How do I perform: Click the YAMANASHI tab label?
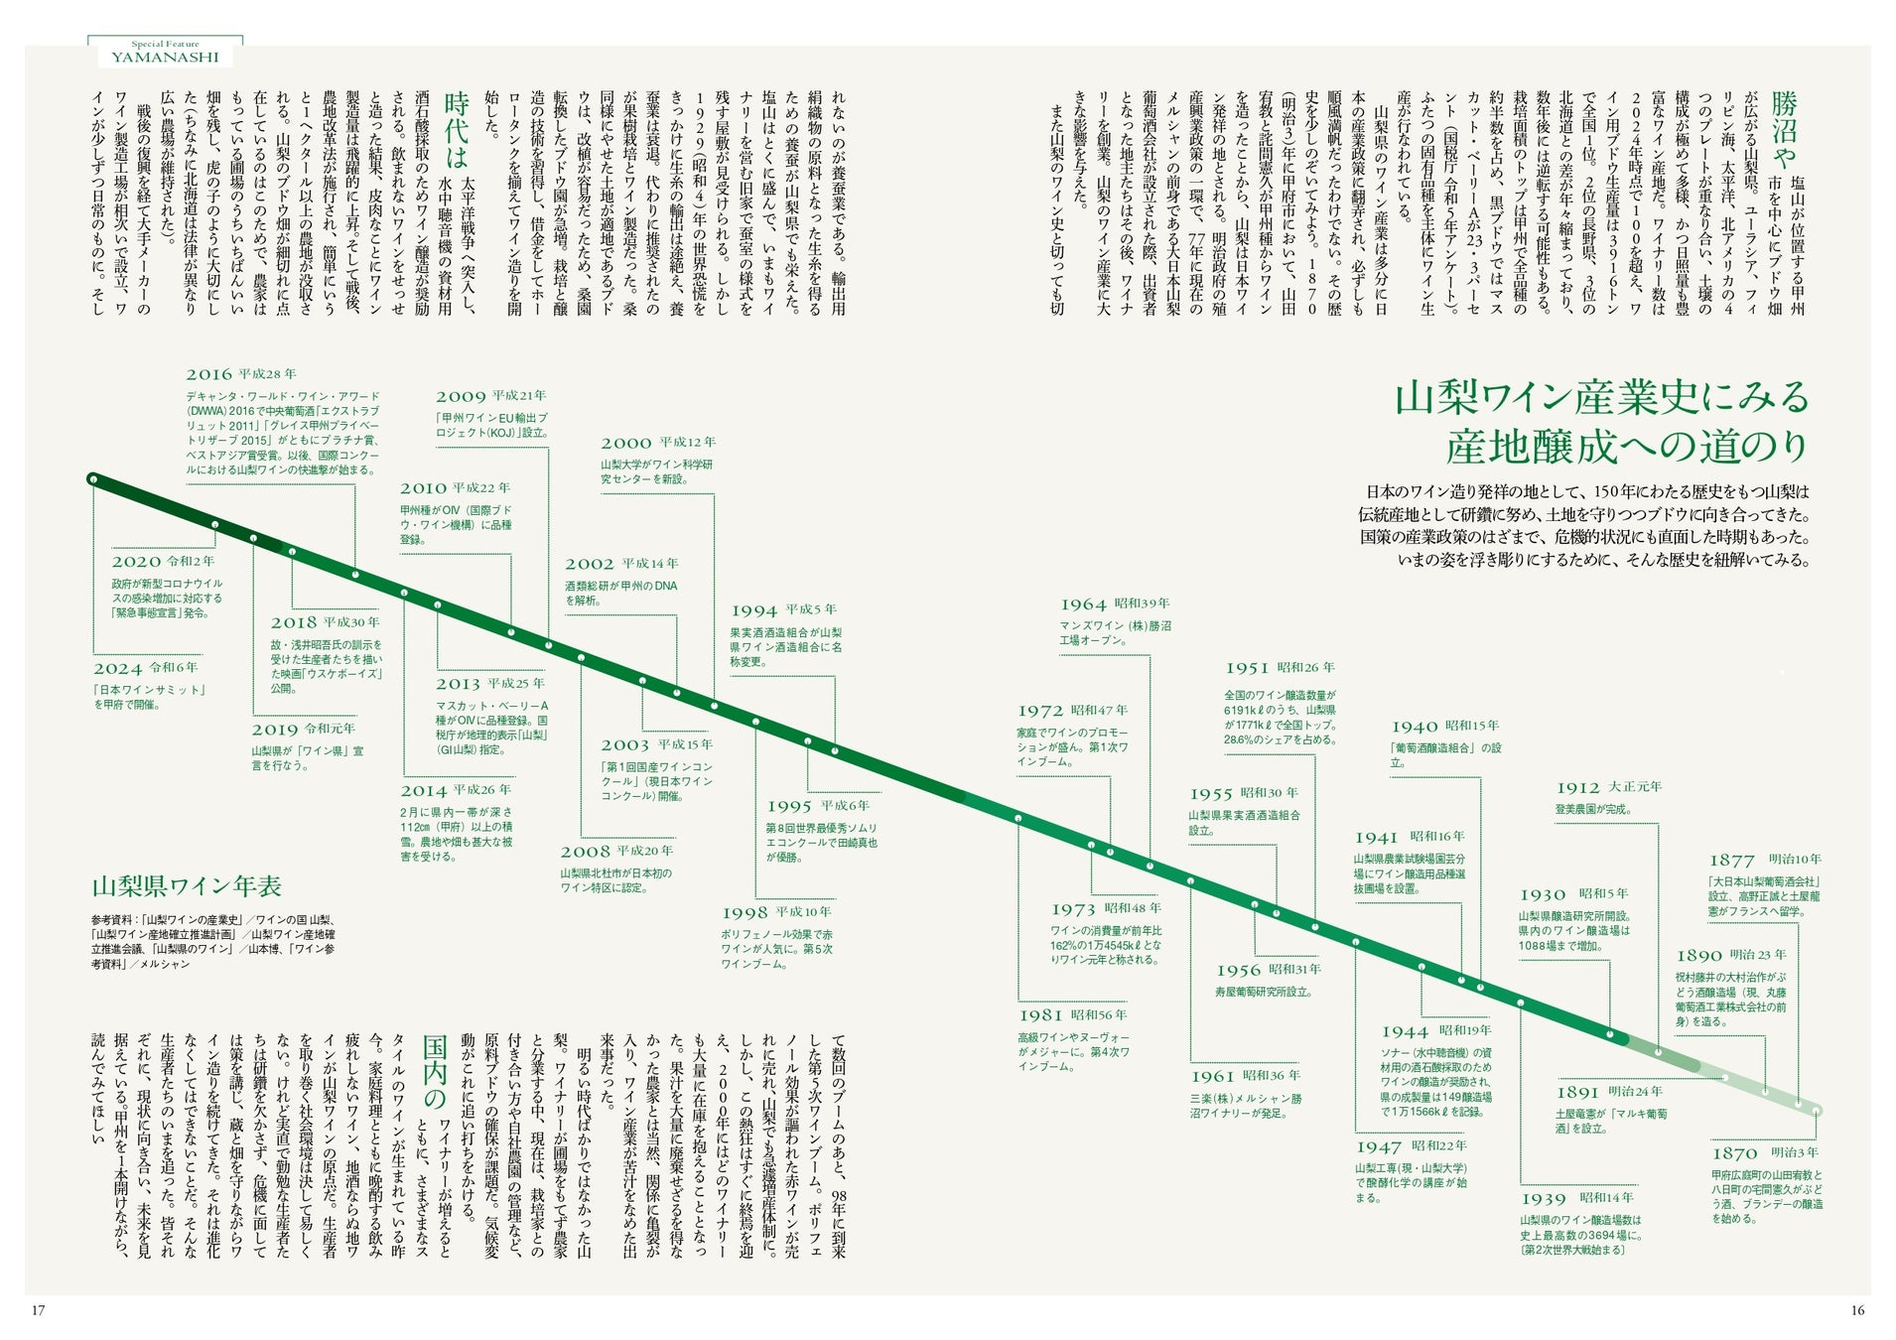click(x=165, y=57)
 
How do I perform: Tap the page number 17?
click(x=39, y=1310)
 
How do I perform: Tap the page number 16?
click(x=1857, y=1310)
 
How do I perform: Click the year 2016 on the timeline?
click(x=208, y=374)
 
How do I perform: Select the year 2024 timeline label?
click(x=117, y=668)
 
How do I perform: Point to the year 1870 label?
click(x=1734, y=1153)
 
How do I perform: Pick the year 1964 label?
click(x=1083, y=604)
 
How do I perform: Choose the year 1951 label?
click(x=1247, y=669)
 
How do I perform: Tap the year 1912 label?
click(x=1577, y=788)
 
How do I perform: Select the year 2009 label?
click(x=460, y=397)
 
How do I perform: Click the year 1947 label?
click(x=1378, y=1146)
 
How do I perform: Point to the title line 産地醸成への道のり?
click(x=1627, y=447)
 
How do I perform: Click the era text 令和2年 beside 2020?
click(x=190, y=562)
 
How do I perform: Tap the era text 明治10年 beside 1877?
click(x=1795, y=860)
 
